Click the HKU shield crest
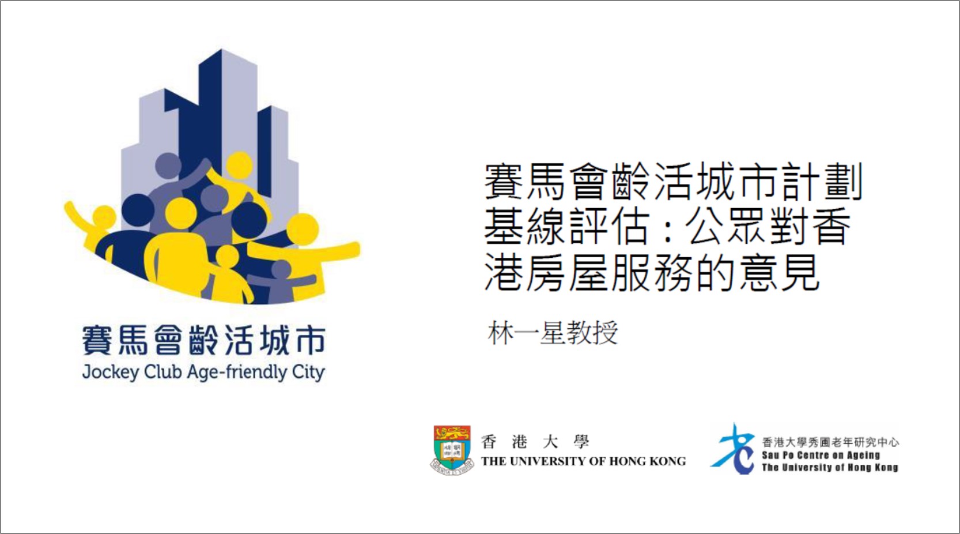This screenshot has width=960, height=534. point(452,449)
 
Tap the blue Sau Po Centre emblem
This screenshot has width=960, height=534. point(733,449)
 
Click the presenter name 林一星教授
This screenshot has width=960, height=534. point(553,332)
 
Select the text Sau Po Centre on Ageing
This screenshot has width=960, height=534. point(821,455)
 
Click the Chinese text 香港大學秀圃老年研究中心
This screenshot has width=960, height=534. point(830,442)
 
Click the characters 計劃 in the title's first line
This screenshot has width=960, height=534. point(822,181)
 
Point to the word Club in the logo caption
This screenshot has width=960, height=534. point(163,371)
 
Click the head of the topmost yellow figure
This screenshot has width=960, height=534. point(239,165)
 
